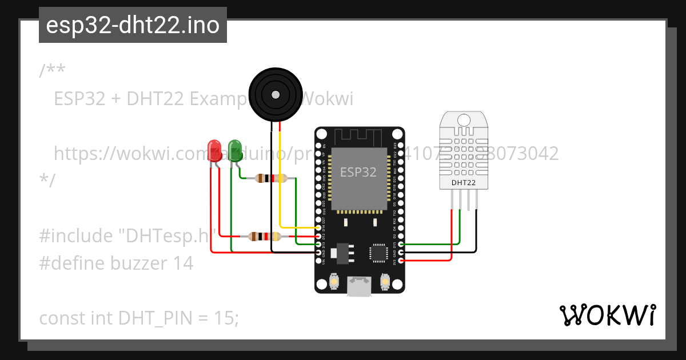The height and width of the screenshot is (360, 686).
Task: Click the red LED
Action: pos(215,150)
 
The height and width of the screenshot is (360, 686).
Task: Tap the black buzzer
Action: pos(276,93)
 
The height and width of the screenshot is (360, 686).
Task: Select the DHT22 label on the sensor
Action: pos(464,183)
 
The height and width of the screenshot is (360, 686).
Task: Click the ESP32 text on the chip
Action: pos(358,171)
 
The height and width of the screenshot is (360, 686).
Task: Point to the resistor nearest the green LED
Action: pos(270,178)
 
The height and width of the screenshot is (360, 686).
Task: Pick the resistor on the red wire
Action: pos(264,236)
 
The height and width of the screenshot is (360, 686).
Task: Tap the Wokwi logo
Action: pos(607,315)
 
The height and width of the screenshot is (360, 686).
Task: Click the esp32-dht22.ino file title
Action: pos(133,26)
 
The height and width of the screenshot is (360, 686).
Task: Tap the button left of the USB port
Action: pos(334,281)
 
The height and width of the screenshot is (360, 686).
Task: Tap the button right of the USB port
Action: pos(385,281)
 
